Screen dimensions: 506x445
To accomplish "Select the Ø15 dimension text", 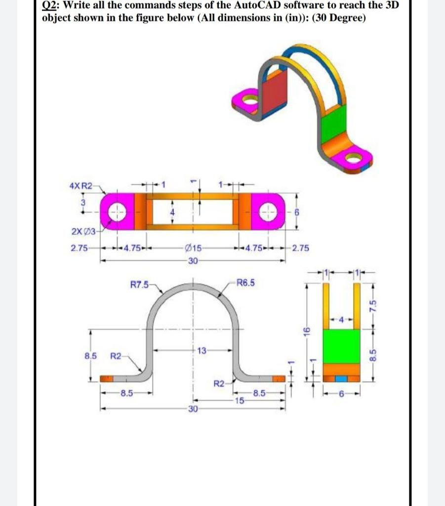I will click(193, 248).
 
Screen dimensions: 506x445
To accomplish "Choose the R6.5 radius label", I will click(246, 284).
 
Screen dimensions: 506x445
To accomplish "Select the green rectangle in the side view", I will click(341, 346).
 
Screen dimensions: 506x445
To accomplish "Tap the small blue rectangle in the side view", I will click(341, 378).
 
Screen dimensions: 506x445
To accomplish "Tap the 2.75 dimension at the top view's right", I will click(300, 248).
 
